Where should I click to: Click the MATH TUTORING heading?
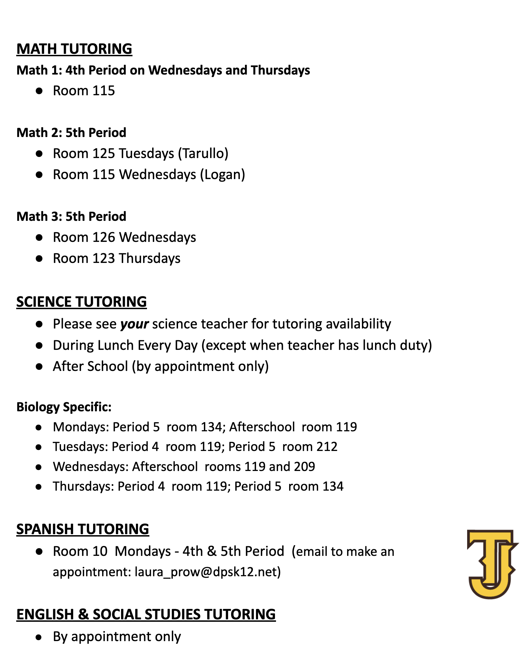tap(74, 49)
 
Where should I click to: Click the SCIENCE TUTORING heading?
tap(81, 302)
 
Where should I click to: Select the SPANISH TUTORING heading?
tap(82, 529)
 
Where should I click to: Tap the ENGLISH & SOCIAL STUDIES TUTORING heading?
tap(146, 614)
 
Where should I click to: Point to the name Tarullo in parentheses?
tap(203, 154)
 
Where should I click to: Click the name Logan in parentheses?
tap(223, 175)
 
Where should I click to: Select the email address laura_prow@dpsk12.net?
tap(206, 572)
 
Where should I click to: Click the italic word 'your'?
tap(134, 324)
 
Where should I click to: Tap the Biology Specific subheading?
tap(64, 407)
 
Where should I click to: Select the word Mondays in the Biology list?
tap(81, 427)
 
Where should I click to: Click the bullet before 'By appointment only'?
tap(39, 637)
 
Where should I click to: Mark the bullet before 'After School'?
tap(39, 366)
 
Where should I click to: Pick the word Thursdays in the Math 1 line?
tap(280, 70)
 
